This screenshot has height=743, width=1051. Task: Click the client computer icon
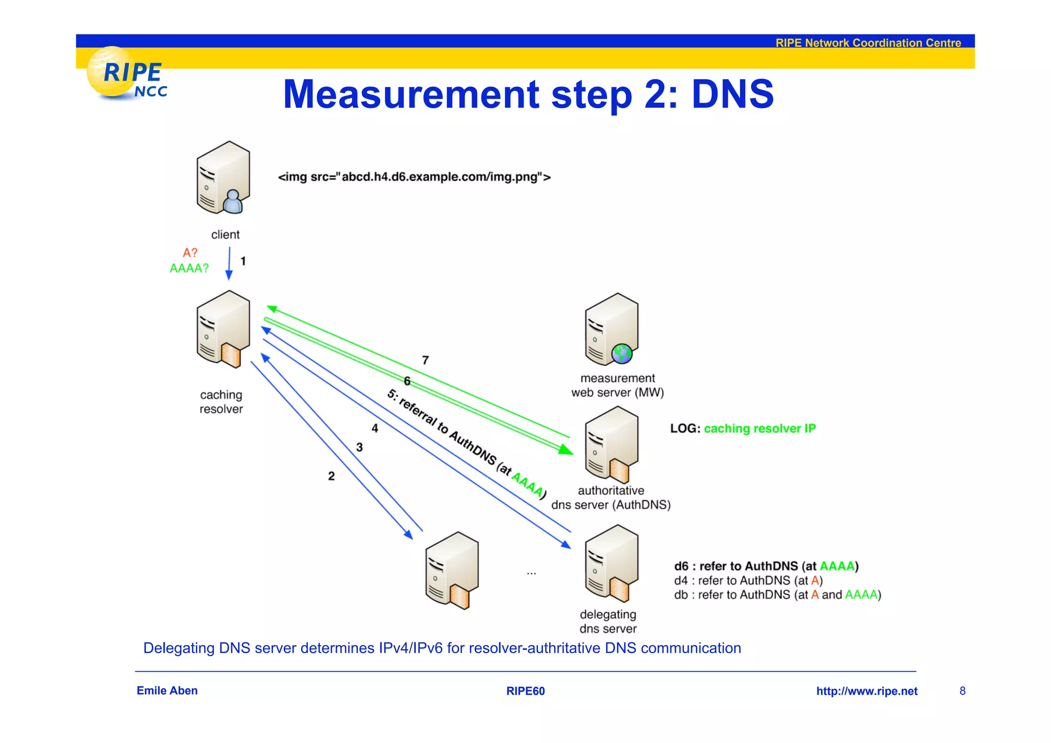coord(223,178)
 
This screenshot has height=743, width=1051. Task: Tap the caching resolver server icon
coord(223,329)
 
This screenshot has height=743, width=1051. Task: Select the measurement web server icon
coord(612,330)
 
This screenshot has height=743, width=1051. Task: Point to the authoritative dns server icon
coord(612,444)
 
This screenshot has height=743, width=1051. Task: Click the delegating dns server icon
coord(612,563)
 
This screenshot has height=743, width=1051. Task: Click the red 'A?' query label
coord(190,253)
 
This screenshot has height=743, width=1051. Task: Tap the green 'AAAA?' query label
coord(189,268)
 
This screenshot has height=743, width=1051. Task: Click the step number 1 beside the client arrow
coord(243,261)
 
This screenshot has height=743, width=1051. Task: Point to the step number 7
coord(425,360)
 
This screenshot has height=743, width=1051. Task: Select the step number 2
coord(332,476)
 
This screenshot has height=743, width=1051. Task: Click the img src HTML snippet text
coord(414,177)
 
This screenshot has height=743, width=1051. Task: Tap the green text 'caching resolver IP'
coord(760,428)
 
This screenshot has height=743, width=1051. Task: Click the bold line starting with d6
coord(766,566)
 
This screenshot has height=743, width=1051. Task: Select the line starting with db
coord(777,595)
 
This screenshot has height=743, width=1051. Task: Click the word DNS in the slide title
coord(732,94)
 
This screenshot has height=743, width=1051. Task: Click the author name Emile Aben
coord(167,691)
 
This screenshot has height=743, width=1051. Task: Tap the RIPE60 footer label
coord(525,691)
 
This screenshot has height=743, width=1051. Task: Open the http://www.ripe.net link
coord(867,691)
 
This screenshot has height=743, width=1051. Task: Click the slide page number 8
coord(963,691)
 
